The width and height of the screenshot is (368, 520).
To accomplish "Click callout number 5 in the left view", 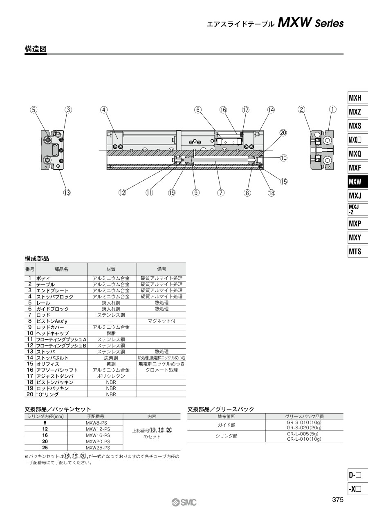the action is tap(34, 110).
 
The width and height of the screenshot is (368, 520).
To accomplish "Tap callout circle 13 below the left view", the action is tap(67, 193).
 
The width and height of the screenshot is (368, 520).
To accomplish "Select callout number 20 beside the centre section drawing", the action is tap(283, 133).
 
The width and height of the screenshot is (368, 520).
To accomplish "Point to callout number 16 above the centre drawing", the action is tap(223, 110).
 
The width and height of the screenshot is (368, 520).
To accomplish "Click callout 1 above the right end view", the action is tap(333, 109).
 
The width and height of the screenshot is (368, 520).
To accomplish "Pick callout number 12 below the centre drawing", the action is tap(122, 193).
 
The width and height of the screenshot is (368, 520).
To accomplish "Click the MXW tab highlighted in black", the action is tap(358, 181).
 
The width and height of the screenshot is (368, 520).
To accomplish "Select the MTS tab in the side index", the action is tap(358, 251).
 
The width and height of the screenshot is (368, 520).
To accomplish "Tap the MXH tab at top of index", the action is tap(358, 98).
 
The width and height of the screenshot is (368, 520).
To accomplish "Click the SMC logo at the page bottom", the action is tap(184, 502).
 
